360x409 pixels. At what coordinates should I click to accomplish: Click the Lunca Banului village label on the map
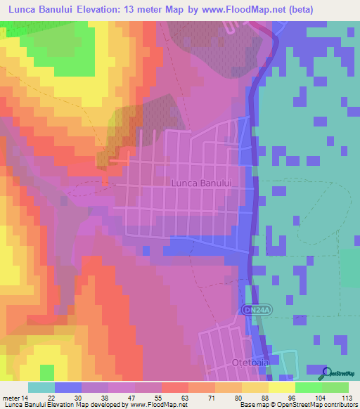(x=201, y=183)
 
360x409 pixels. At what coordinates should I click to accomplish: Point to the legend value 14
(x=27, y=398)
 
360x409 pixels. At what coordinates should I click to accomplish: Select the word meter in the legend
(x=12, y=398)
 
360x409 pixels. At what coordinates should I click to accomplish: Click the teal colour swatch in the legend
(x=41, y=387)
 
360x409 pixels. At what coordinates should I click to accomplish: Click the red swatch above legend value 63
(x=174, y=387)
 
